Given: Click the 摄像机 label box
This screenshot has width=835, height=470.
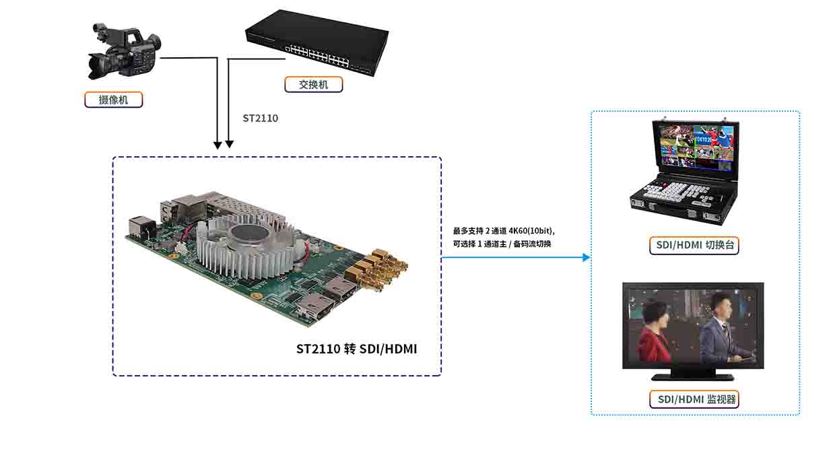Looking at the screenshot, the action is [x=113, y=100].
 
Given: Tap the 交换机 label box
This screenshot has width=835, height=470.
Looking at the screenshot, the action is [x=314, y=85].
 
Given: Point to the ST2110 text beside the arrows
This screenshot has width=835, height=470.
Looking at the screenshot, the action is [x=260, y=118].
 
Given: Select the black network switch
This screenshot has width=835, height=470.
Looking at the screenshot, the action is [x=317, y=42].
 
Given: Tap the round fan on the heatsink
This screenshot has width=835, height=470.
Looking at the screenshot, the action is [x=250, y=234].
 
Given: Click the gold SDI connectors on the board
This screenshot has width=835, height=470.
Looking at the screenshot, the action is [x=376, y=270].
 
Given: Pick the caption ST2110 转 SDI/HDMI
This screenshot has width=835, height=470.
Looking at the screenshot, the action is [x=357, y=349].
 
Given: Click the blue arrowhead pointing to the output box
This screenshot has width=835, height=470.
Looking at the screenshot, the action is [x=587, y=257].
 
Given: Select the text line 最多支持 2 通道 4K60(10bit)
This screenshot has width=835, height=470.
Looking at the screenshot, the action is [x=504, y=231].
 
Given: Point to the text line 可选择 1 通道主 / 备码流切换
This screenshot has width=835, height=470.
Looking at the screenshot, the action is [x=502, y=244].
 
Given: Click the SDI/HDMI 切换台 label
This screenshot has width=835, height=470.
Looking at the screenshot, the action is [x=694, y=245].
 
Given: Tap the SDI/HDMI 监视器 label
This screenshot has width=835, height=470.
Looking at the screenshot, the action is [x=694, y=399].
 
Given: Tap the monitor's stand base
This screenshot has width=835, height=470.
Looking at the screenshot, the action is [x=693, y=377].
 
